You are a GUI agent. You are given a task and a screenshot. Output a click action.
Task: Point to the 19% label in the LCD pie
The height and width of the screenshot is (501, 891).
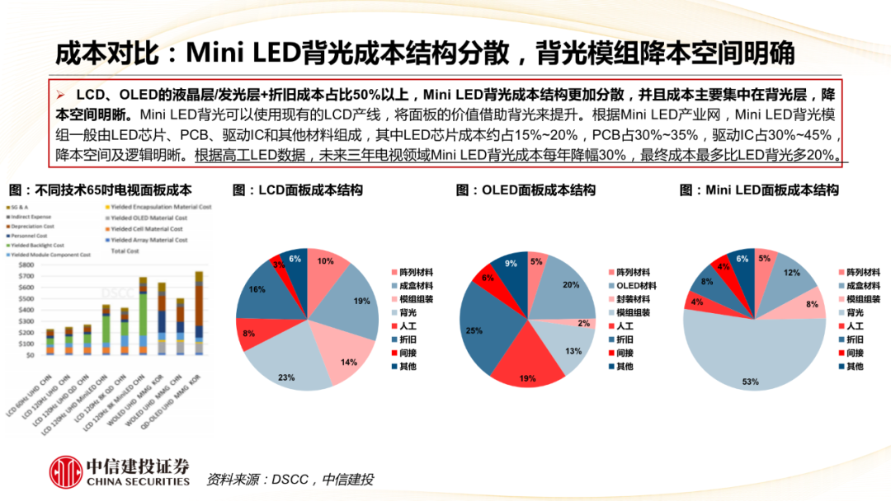361,302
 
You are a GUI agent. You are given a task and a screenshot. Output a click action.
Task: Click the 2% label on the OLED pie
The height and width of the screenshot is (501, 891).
583,323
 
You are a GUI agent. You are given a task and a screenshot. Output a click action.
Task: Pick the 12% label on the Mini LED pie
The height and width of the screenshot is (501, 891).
792,273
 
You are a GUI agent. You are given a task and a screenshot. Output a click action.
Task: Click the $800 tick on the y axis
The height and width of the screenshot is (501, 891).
26,265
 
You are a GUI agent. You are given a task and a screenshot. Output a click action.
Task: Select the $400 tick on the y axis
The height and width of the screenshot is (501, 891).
26,310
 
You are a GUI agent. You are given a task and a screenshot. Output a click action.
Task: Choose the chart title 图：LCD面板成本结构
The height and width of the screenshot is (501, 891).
297,190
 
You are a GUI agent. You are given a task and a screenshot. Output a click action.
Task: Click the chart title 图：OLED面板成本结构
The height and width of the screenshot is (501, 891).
525,190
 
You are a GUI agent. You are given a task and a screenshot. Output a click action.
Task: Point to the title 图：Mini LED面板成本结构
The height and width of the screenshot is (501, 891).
759,190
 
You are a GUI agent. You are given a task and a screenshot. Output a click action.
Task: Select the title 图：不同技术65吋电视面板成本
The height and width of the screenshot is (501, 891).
98,190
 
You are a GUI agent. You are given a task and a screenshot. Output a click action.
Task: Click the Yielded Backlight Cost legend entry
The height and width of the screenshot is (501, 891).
39,246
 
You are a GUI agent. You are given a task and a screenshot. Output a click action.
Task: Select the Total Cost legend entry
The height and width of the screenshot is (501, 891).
125,250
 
